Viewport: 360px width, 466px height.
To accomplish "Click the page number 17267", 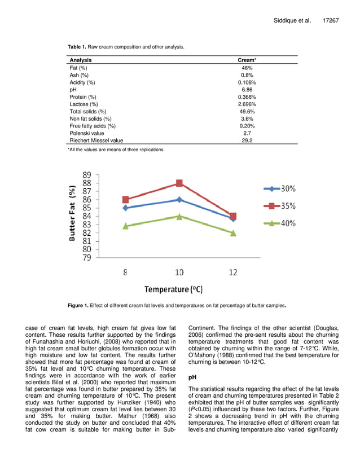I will [330, 20].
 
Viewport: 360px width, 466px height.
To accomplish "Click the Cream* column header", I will [247, 60].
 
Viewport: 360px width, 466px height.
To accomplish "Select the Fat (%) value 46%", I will [247, 68].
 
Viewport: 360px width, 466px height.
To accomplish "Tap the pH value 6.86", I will [247, 90].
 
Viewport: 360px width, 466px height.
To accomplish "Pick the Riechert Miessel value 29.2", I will [247, 141].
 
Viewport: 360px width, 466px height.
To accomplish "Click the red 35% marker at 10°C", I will [179, 183].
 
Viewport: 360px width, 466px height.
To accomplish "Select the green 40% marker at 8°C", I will [125, 226].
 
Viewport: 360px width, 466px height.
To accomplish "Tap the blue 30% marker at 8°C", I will [125, 208].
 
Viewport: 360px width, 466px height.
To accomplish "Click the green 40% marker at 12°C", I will [233, 232].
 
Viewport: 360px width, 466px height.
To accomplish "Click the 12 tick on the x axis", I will [233, 272].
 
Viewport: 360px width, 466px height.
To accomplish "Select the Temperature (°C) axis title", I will [173, 289].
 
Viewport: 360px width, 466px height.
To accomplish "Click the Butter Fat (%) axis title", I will [72, 216].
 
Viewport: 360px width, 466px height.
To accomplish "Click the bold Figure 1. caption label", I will [78, 306].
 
